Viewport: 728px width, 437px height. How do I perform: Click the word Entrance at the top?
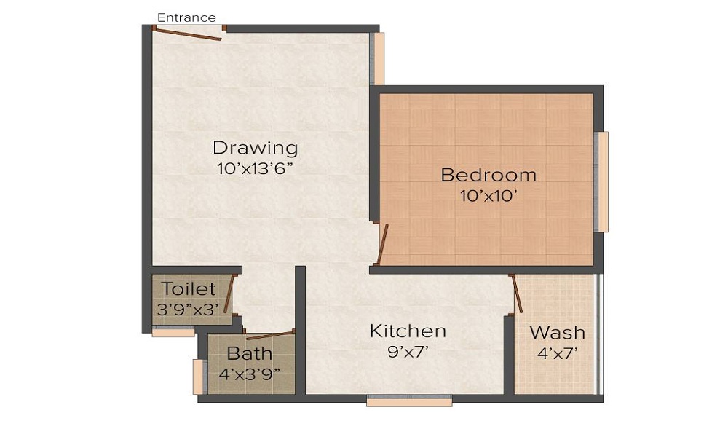[x=186, y=17]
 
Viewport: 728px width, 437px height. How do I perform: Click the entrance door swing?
[x=189, y=34]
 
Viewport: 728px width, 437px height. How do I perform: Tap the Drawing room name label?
[x=255, y=148]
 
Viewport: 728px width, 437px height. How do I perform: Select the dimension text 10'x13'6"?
[x=255, y=168]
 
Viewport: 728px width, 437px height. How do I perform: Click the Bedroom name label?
[x=488, y=175]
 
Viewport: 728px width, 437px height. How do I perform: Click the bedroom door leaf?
[x=382, y=245]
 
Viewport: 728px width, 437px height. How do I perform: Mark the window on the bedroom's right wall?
[x=602, y=182]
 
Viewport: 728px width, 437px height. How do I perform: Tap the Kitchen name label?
[x=408, y=331]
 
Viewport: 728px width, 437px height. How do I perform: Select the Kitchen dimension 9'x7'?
[x=408, y=352]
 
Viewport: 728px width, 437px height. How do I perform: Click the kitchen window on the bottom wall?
[x=408, y=400]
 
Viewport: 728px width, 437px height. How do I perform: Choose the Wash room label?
[x=557, y=333]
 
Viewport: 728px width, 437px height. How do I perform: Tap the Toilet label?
[x=189, y=289]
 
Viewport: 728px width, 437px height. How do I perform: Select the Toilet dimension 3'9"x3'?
[x=188, y=308]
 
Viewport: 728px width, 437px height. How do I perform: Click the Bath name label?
[x=250, y=354]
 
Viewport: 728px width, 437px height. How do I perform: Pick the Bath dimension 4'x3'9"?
[x=250, y=374]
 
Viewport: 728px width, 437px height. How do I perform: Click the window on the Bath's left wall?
[x=197, y=377]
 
